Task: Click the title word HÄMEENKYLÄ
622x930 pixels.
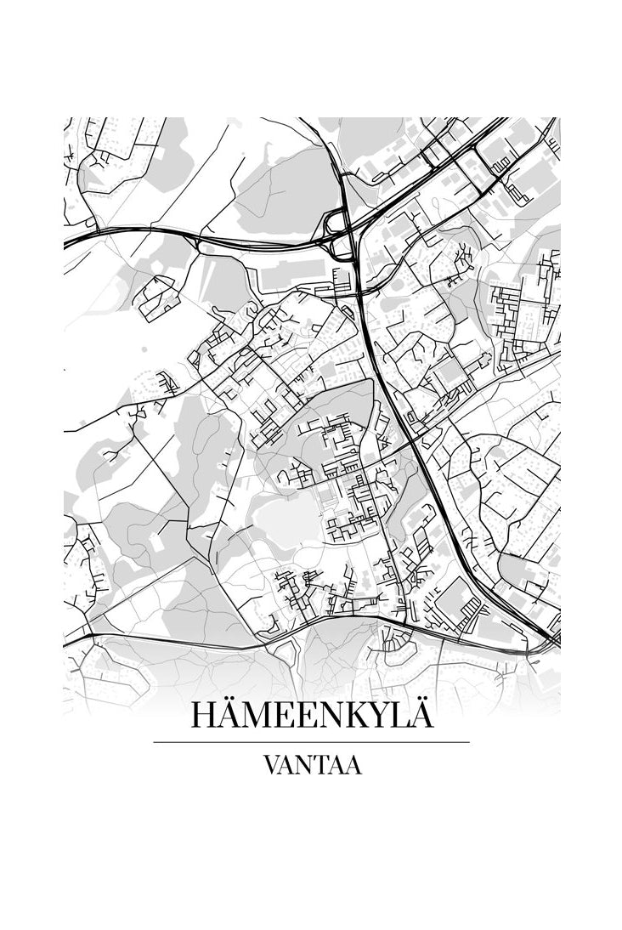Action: coord(312,715)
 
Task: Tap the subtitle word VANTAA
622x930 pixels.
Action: coord(313,765)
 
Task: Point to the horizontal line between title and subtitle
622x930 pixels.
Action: coord(311,742)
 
